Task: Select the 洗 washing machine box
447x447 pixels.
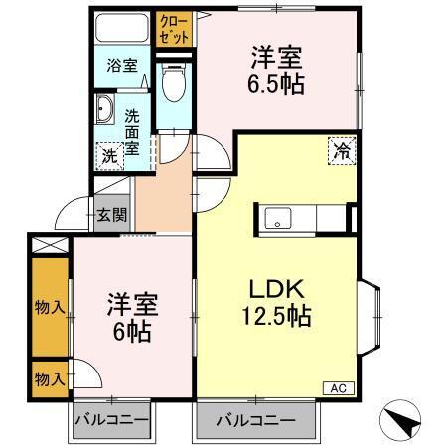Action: (108, 154)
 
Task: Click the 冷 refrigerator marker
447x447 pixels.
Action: (341, 152)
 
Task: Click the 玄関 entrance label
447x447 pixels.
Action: (112, 213)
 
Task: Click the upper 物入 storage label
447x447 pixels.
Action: (49, 307)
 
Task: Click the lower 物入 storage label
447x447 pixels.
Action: (49, 377)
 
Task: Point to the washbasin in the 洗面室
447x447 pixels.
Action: (103, 110)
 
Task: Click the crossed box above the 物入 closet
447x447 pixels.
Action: (48, 243)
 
